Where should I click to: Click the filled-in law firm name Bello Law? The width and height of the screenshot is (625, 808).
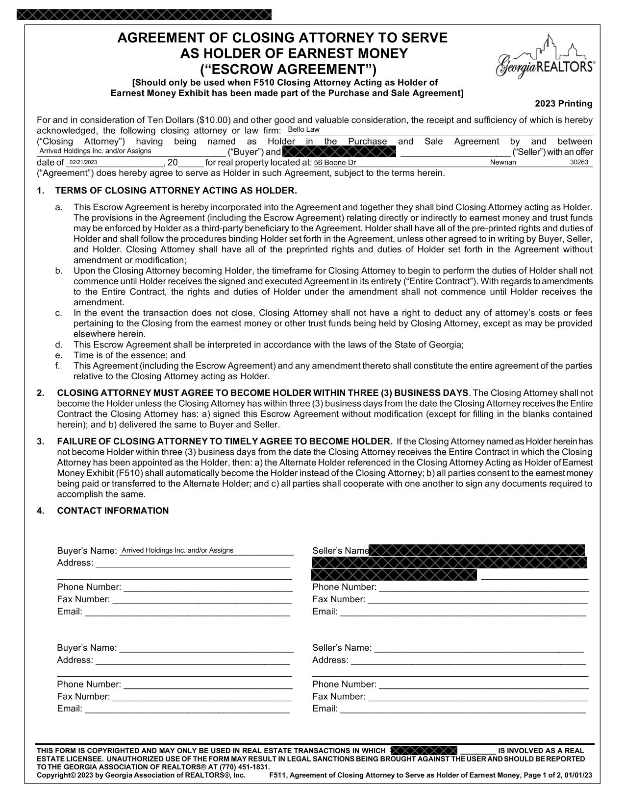tap(303, 130)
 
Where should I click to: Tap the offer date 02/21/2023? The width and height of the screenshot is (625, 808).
tap(83, 162)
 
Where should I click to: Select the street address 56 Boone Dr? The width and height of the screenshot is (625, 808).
tap(335, 163)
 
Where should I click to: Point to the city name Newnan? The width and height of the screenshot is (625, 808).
tap(503, 162)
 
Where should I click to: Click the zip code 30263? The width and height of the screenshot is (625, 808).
tap(579, 162)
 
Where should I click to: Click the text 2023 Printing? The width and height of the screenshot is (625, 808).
tap(563, 104)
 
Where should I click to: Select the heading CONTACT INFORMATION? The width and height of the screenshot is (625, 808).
tap(113, 511)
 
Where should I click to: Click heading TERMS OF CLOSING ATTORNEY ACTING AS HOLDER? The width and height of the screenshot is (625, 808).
tap(176, 191)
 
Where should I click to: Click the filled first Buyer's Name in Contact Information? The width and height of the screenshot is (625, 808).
tap(177, 550)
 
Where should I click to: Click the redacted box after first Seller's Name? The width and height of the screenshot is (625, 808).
tap(476, 550)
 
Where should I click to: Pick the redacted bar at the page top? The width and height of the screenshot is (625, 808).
tap(144, 15)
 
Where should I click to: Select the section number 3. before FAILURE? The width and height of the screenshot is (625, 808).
tap(41, 441)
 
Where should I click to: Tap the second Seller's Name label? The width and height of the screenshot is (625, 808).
tap(342, 648)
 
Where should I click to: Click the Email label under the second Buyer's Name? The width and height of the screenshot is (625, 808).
tap(70, 709)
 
